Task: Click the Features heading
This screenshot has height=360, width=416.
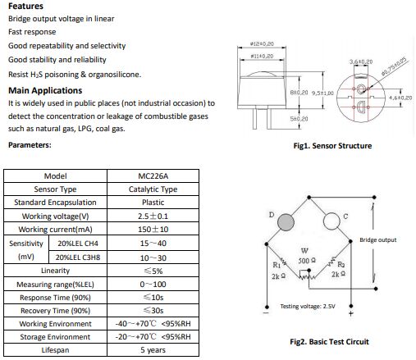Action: coord(25,6)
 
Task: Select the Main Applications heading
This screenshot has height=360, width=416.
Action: coord(45,90)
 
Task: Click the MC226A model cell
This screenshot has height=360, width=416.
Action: coord(153,176)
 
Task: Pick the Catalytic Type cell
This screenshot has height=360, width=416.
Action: coord(153,189)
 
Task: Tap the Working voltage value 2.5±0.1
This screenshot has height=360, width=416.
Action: coord(153,216)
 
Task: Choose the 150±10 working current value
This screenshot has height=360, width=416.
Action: coord(153,230)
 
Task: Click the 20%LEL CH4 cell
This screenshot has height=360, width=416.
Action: coord(78,244)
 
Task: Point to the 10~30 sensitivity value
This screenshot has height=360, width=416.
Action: coord(153,257)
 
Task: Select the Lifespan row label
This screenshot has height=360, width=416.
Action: coord(55,350)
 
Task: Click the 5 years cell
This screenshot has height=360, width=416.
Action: coord(153,350)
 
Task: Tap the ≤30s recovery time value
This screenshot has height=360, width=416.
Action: coord(153,311)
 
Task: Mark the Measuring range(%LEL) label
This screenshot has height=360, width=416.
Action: coord(55,285)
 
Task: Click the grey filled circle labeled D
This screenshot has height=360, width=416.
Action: coord(286,222)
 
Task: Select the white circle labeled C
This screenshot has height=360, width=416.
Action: coord(331,221)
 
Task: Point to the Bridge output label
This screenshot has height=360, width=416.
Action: coord(377,240)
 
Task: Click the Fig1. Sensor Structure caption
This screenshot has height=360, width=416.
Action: coord(332,146)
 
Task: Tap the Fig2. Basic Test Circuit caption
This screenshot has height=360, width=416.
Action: coord(329,342)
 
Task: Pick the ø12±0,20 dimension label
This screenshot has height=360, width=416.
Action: coord(262,43)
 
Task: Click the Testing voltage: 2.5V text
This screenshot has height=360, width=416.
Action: coord(308,306)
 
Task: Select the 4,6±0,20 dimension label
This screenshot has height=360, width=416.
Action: coord(400,98)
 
